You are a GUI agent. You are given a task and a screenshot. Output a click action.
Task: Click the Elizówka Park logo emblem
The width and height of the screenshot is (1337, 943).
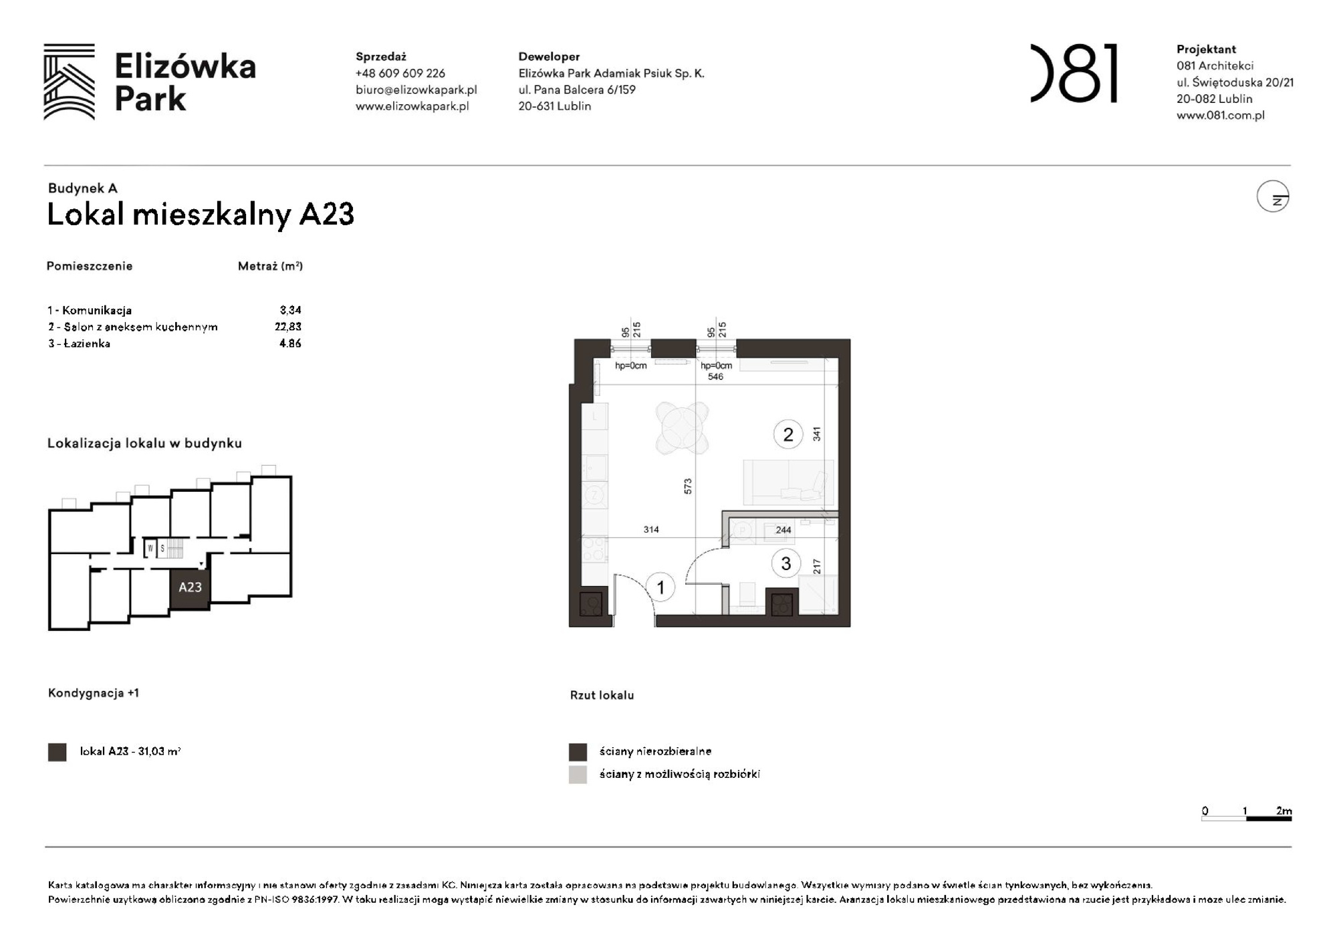coord(69,82)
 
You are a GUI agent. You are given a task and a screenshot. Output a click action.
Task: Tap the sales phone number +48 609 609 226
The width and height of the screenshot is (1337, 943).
coord(400,74)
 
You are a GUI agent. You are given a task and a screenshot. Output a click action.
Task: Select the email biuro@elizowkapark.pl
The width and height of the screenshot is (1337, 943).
coord(416,90)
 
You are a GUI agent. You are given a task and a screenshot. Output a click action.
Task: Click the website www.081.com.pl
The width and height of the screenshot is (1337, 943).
coord(1220,115)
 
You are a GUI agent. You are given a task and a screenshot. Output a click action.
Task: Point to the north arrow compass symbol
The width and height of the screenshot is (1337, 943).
coord(1272,197)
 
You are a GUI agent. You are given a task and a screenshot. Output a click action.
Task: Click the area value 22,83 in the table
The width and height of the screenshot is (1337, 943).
coord(288,327)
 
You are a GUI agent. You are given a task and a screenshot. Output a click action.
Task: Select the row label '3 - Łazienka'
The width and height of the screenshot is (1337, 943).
coord(79,344)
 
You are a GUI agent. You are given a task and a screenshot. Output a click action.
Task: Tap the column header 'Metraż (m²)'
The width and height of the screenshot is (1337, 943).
coord(270,266)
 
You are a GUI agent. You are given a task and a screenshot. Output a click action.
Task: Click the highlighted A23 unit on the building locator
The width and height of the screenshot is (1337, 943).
coord(190,587)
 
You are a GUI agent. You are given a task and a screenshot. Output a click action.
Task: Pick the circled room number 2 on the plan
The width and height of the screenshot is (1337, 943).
coord(787,434)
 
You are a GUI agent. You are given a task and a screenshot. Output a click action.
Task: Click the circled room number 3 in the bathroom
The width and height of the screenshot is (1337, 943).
coord(785,563)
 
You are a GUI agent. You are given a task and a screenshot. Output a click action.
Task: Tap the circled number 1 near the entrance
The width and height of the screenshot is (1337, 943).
coord(660,587)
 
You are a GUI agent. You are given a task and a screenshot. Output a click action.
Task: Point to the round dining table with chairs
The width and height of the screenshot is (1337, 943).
coord(681,427)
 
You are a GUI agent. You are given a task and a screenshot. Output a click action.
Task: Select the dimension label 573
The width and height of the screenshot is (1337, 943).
coord(688,486)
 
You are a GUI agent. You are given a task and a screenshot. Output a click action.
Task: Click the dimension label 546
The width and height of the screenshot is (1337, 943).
coord(715,377)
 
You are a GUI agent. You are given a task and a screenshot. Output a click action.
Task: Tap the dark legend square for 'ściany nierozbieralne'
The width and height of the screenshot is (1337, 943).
coord(578,752)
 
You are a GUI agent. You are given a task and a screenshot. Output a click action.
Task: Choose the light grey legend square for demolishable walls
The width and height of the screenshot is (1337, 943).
coord(578,775)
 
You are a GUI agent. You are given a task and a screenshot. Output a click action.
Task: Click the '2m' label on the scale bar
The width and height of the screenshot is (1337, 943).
coord(1284,811)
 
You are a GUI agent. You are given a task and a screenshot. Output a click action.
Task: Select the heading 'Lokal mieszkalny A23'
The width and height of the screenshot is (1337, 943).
coord(201,215)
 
